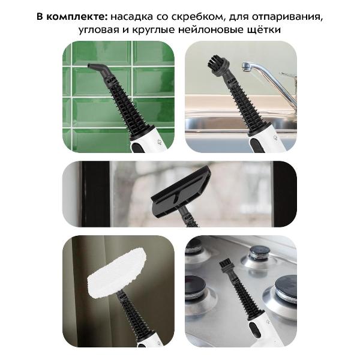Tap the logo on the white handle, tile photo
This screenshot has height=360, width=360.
(x=150, y=144)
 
